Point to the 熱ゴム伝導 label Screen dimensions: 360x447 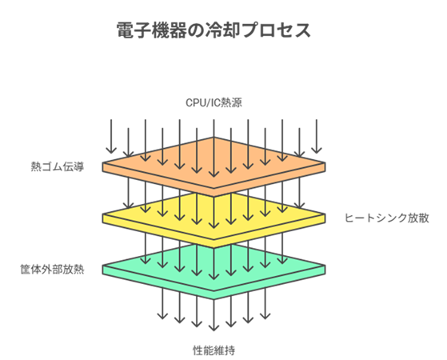(58, 167)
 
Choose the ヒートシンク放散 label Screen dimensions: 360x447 (376, 217)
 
